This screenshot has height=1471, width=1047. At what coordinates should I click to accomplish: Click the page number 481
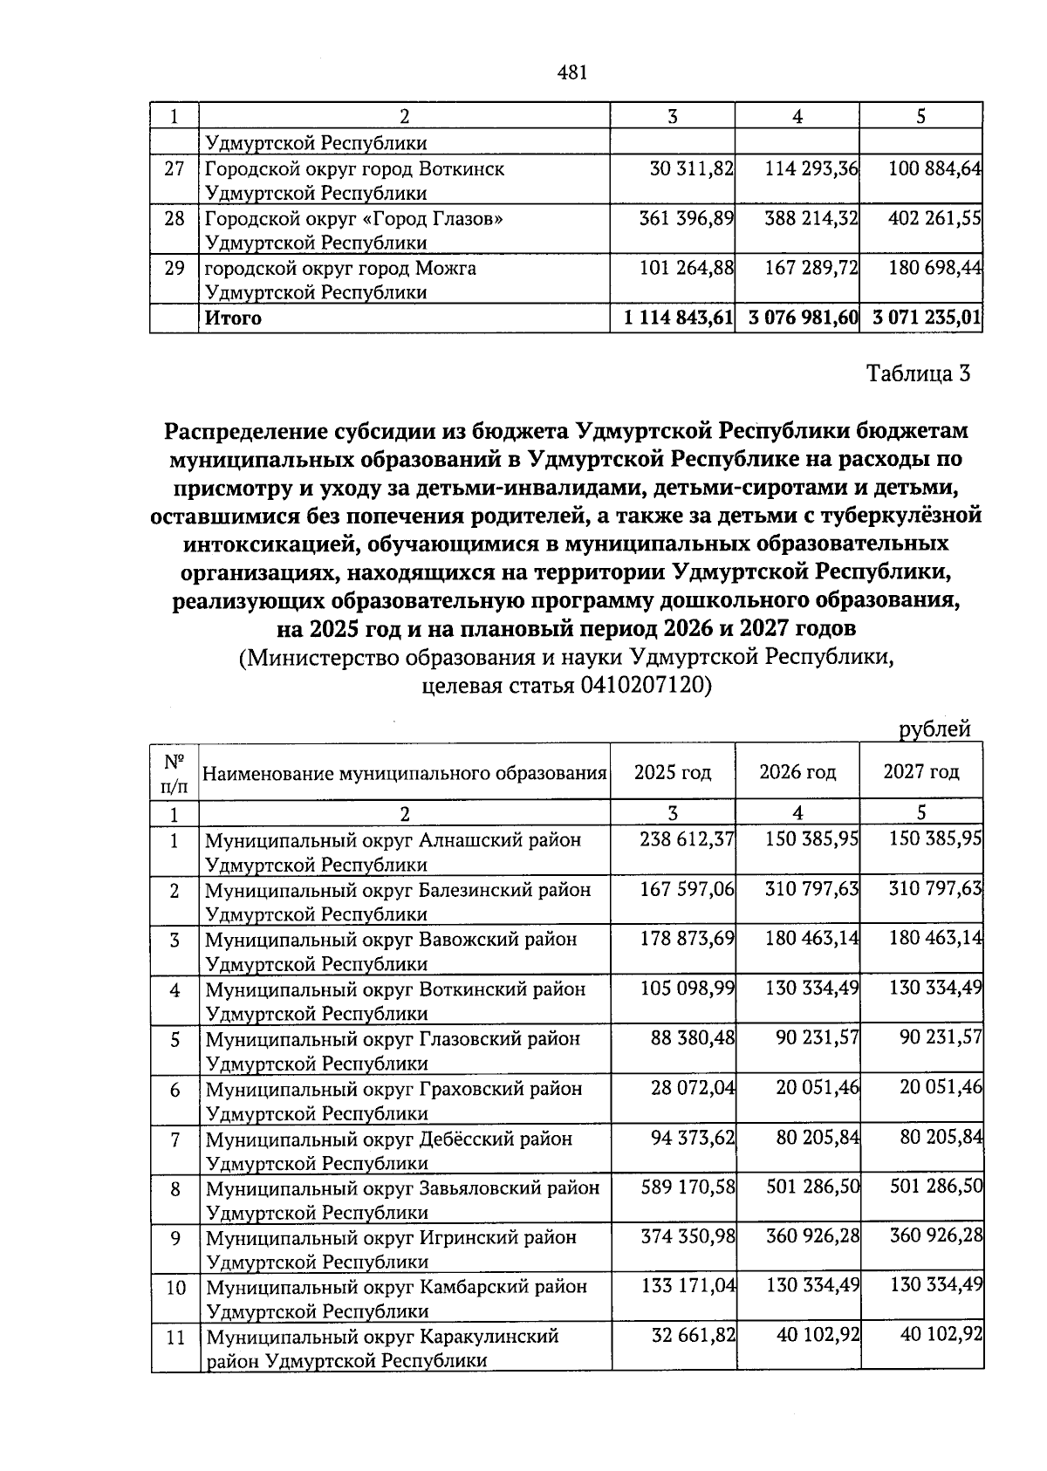point(571,72)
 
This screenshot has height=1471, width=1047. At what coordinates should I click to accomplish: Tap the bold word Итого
point(233,318)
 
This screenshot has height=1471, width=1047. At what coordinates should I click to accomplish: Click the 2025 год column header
point(672,772)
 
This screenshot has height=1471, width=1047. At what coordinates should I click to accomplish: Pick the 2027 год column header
point(921,772)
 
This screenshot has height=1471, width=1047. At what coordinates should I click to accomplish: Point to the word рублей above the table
point(934,729)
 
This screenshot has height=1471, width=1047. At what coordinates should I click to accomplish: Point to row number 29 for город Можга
point(174,268)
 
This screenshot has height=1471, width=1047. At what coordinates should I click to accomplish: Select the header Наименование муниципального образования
point(405,773)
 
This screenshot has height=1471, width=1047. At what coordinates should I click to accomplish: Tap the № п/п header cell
point(174,773)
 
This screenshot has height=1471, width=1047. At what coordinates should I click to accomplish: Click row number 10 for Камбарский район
point(175,1287)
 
